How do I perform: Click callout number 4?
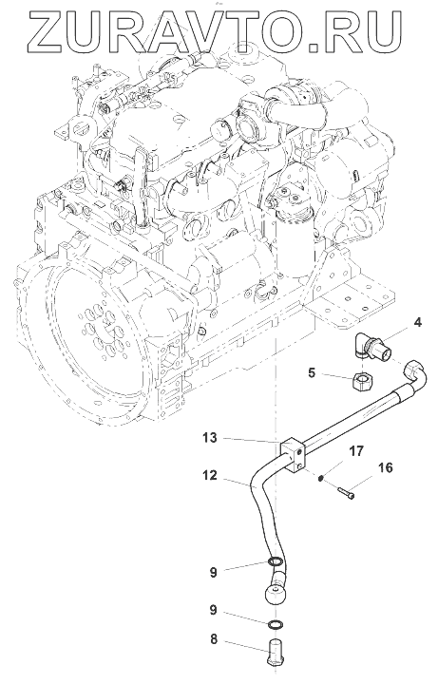tap(417, 323)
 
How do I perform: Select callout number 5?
tap(311, 373)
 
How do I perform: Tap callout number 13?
tap(210, 438)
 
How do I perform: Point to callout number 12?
tap(209, 475)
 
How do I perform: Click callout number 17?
tap(356, 451)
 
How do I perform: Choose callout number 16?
tap(385, 468)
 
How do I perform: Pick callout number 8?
tap(214, 640)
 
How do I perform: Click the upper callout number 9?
tap(214, 572)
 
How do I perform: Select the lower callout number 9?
tap(214, 610)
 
